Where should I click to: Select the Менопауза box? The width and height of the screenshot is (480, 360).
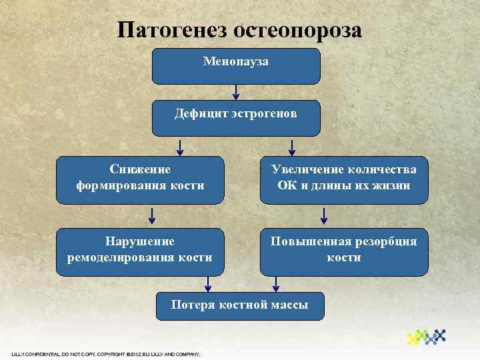236,65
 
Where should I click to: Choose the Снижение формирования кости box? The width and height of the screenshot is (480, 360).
140,178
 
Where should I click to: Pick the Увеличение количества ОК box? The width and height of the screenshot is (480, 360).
343,178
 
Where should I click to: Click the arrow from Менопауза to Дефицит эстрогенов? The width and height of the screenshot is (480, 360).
236,92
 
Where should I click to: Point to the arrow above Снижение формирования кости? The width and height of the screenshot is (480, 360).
180,147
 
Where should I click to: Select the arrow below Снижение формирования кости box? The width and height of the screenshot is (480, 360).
152,215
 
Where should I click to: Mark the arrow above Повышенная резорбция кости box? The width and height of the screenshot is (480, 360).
325,215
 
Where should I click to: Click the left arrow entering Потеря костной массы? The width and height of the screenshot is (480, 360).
209,284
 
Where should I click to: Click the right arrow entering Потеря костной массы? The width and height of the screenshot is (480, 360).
275,284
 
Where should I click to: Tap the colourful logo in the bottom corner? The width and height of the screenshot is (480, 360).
426,337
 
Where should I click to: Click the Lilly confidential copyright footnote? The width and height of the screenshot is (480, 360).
106,353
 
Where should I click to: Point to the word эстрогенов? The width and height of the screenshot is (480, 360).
264,114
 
